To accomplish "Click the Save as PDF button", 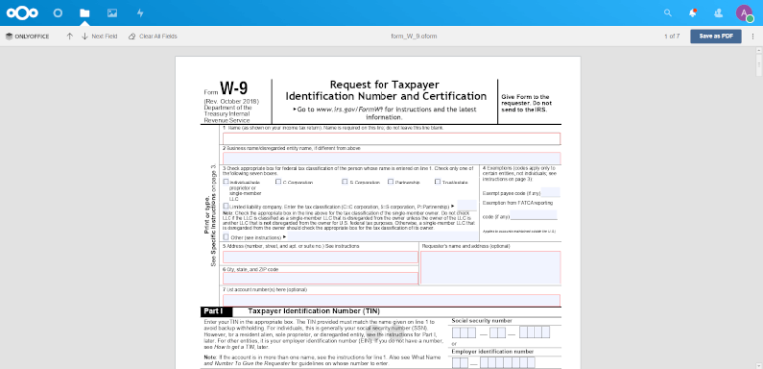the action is pos(716,35).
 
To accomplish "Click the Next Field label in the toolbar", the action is pos(104,36).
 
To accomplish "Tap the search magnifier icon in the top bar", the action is pos(668,13).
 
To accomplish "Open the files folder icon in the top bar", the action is pos(85,13).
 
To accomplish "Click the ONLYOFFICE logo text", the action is pos(30,36).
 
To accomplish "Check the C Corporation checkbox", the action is pos(280,183).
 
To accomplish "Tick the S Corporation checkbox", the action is pos(345,183).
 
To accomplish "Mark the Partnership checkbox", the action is pos(391,183).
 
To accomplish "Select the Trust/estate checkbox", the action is pos(438,183).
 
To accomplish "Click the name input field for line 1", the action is pos(391,139).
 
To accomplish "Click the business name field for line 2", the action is pos(391,158).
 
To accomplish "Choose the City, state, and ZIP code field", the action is pos(319,279).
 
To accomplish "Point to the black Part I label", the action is pos(212,311).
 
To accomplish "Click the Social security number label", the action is pos(482,321).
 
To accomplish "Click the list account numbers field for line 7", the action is pos(391,300).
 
